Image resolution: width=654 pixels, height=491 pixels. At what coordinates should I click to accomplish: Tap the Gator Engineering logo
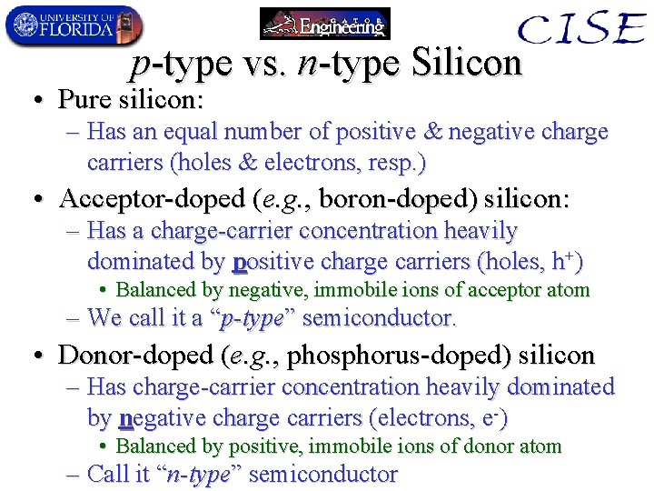pos(324,25)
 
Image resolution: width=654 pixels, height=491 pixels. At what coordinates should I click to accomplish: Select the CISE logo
pos(580,30)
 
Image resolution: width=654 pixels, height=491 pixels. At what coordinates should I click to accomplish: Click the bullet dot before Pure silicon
pos(37,99)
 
